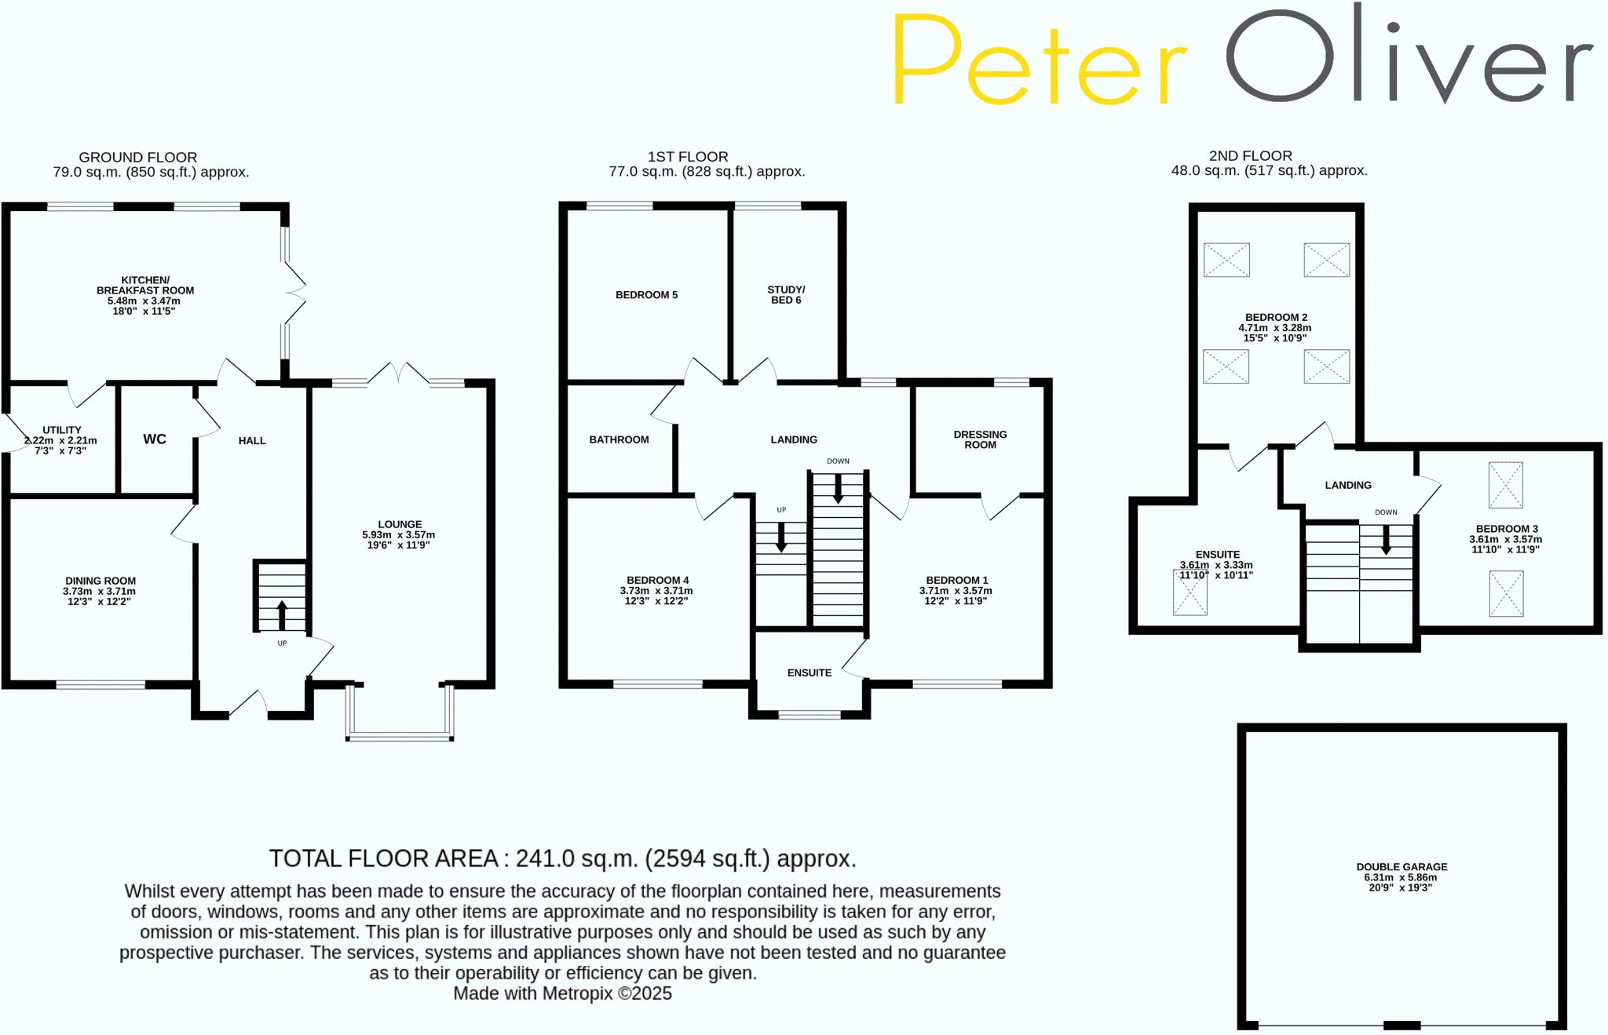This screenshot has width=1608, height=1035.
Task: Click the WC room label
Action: [x=155, y=439]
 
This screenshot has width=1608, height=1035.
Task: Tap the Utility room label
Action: [x=62, y=430]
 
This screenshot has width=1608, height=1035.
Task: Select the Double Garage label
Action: [x=1402, y=867]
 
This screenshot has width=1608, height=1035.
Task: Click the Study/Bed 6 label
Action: [x=786, y=294]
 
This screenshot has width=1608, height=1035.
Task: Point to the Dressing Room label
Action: [x=980, y=439]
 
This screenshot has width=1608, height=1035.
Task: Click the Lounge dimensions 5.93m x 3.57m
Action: [x=399, y=535]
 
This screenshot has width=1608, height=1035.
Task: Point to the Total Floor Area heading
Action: [x=562, y=858]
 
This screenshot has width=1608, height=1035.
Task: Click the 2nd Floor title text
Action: [x=1250, y=156]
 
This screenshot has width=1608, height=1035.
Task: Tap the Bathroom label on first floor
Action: [x=619, y=439]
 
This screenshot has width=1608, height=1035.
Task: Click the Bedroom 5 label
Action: [x=646, y=295]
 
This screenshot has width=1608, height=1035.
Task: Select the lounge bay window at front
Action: [x=400, y=736]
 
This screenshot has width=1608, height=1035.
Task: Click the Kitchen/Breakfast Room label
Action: [x=145, y=285]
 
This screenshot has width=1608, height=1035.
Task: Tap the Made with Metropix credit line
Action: [x=562, y=993]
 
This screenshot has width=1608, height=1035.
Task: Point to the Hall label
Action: [x=252, y=441]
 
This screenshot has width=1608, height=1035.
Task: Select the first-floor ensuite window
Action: [x=809, y=714]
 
